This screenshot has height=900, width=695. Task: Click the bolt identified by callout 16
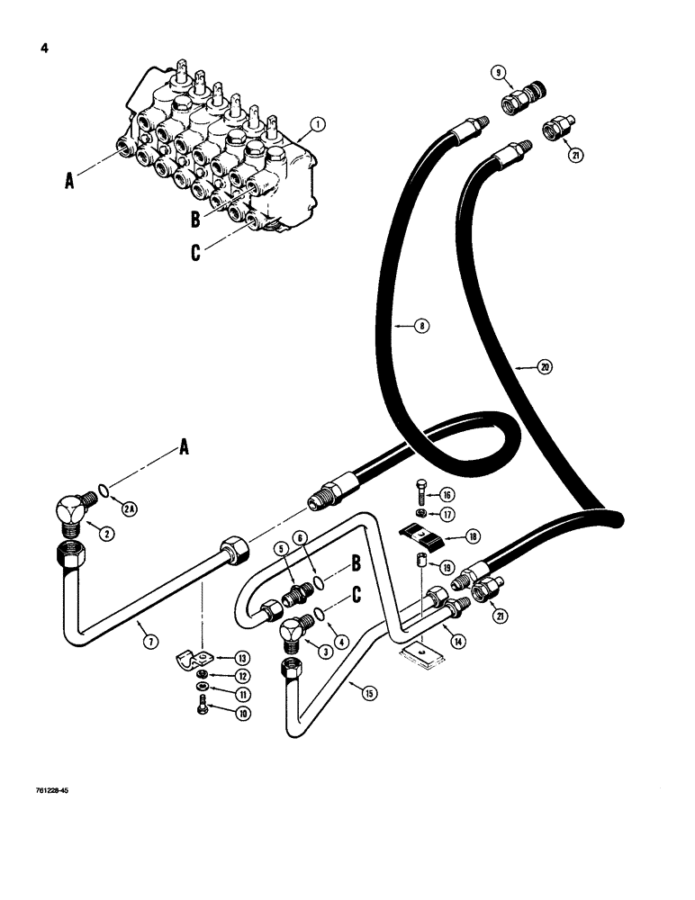tap(422, 492)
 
